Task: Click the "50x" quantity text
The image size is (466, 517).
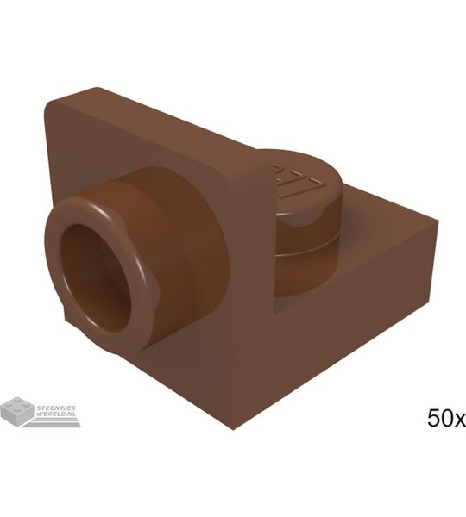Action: pyautogui.click(x=446, y=420)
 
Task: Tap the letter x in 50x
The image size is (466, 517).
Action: pyautogui.click(x=458, y=420)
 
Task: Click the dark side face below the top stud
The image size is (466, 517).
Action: pyautogui.click(x=345, y=327)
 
